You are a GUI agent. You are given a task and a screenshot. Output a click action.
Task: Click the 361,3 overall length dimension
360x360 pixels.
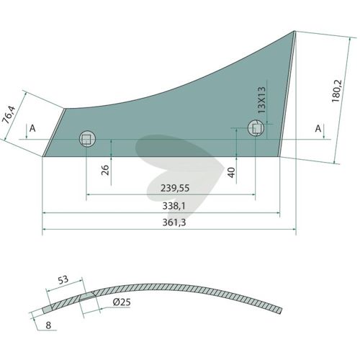(x=174, y=222)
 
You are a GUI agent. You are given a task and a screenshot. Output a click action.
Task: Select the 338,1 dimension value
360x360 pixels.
(x=174, y=206)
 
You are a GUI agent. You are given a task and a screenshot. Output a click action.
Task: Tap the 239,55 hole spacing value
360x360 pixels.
(x=175, y=188)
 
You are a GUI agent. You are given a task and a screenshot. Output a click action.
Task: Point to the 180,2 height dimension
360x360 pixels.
(x=336, y=91)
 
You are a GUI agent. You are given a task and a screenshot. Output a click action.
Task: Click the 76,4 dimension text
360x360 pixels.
(x=9, y=114)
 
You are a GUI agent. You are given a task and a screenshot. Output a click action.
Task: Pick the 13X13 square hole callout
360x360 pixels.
(x=261, y=100)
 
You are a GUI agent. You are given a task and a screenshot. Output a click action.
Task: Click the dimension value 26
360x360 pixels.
(x=105, y=170)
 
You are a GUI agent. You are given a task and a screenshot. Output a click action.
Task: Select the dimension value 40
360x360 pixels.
(x=231, y=173)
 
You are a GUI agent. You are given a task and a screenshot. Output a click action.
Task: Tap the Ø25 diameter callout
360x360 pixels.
(x=122, y=302)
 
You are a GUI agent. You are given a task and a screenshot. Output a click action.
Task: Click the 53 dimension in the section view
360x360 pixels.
(x=63, y=280)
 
